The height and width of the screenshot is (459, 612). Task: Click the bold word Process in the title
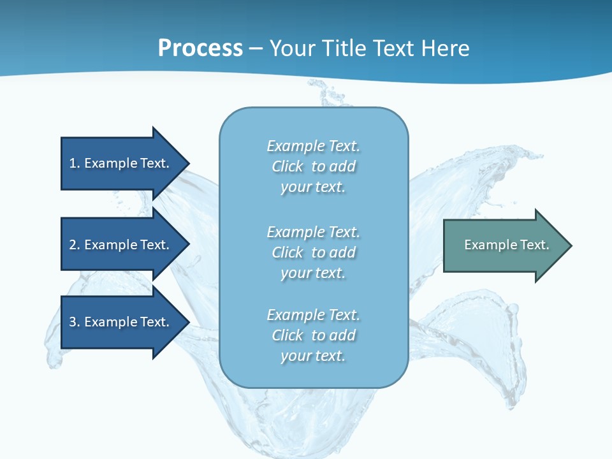[x=200, y=48]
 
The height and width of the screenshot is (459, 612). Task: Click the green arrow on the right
[x=504, y=245]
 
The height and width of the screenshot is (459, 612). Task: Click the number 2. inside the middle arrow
[x=74, y=245]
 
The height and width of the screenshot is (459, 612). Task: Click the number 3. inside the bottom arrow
[x=74, y=322]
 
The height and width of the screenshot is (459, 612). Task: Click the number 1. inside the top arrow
[x=74, y=163]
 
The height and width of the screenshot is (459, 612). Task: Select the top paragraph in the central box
[x=313, y=166]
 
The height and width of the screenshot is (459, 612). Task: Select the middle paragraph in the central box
[x=313, y=252]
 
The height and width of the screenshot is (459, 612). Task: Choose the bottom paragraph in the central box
[x=313, y=335]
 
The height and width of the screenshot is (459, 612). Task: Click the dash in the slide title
[x=256, y=49]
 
